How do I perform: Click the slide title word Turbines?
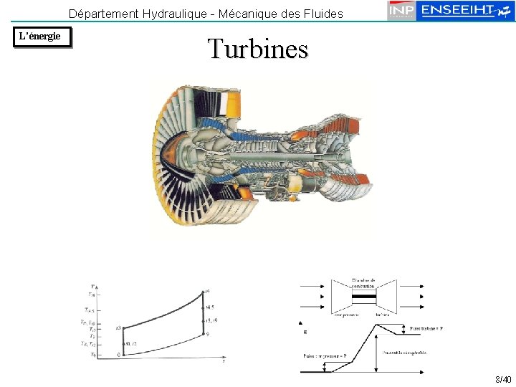(x=257, y=49)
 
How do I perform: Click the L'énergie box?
(x=43, y=37)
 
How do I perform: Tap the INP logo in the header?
(x=402, y=11)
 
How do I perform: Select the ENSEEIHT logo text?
(x=459, y=10)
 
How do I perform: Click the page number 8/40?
(x=502, y=379)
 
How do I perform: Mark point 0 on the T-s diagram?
(x=120, y=354)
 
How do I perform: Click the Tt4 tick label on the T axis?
(x=91, y=294)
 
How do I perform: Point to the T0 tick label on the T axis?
(x=92, y=355)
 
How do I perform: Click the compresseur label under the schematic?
(x=346, y=314)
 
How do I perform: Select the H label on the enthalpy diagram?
(x=305, y=332)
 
